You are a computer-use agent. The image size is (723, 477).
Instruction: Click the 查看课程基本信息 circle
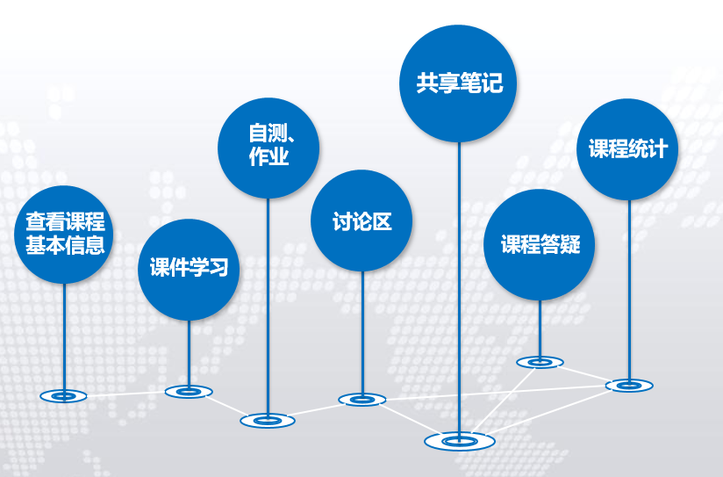click(x=65, y=234)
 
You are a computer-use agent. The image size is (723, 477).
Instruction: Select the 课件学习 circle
click(x=189, y=269)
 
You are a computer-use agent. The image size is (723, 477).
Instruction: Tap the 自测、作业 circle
click(x=268, y=147)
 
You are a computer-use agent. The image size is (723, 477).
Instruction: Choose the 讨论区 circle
click(x=361, y=220)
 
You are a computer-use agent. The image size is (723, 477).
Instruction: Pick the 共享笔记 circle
click(x=459, y=83)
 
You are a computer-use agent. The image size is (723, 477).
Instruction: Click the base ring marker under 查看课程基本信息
click(x=64, y=396)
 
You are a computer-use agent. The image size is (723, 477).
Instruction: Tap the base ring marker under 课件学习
click(x=189, y=391)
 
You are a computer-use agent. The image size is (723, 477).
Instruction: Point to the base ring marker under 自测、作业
click(x=268, y=421)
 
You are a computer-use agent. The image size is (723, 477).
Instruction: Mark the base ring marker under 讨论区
click(x=361, y=400)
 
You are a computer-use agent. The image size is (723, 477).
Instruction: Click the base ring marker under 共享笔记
click(x=459, y=439)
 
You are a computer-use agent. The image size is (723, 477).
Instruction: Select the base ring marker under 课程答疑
click(x=540, y=361)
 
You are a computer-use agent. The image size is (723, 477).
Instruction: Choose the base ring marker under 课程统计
click(x=628, y=385)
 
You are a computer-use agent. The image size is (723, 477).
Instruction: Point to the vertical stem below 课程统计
click(x=628, y=290)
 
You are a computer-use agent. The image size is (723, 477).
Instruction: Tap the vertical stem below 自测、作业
click(x=268, y=307)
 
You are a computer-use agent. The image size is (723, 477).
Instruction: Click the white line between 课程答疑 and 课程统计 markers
click(x=584, y=373)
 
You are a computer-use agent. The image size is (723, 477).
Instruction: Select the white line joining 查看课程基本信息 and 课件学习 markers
click(x=126, y=394)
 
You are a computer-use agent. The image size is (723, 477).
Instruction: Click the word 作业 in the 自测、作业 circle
click(x=268, y=159)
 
